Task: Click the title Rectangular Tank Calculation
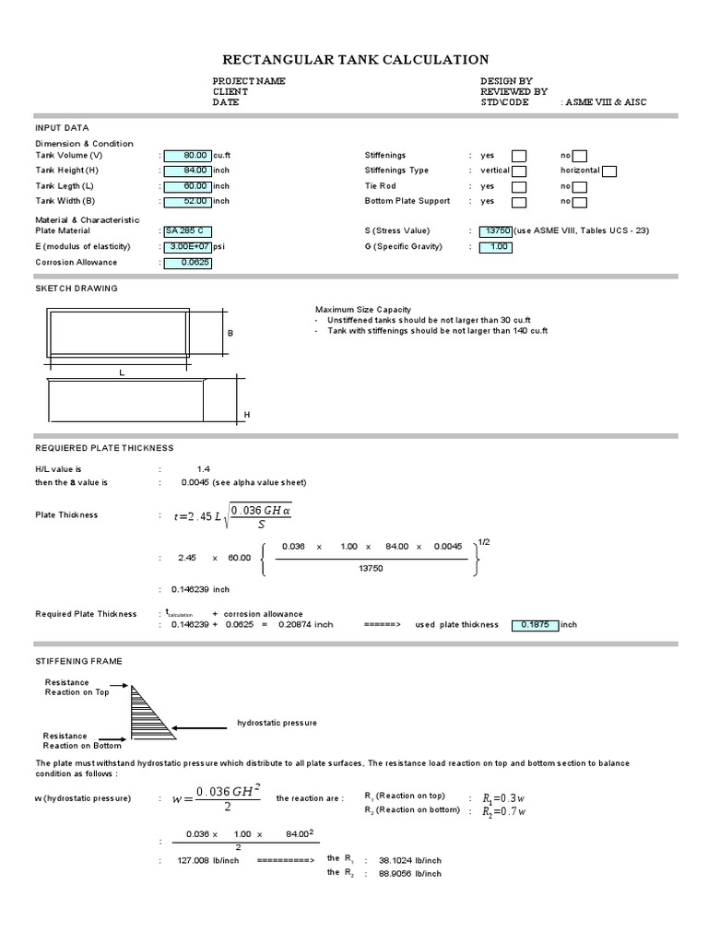coord(356,60)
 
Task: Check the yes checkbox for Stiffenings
coord(519,156)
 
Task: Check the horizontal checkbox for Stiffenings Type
coord(609,171)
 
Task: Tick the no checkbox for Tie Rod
coord(580,186)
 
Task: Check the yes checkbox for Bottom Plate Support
coord(519,202)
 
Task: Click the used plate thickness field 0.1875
coord(535,624)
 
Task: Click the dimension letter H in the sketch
coord(247,416)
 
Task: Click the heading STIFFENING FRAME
coord(78,661)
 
